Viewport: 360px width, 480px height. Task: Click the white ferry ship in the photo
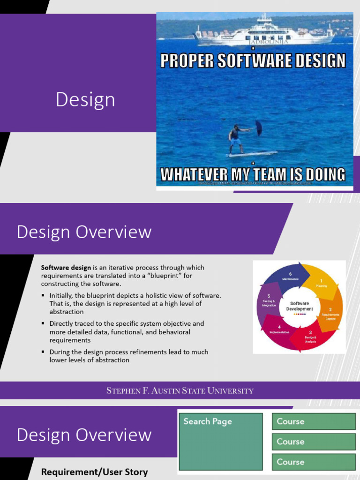pyautogui.click(x=265, y=33)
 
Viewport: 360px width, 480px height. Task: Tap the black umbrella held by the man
pyautogui.click(x=259, y=128)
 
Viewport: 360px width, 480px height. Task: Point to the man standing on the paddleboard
pyautogui.click(x=235, y=139)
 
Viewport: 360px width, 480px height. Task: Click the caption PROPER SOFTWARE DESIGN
pyautogui.click(x=253, y=61)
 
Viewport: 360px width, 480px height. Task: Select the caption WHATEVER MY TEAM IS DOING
pyautogui.click(x=253, y=174)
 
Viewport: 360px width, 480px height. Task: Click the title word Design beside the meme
pyautogui.click(x=85, y=100)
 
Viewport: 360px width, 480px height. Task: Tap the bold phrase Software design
pyautogui.click(x=66, y=268)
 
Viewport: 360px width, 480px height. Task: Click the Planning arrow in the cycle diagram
pyautogui.click(x=321, y=282)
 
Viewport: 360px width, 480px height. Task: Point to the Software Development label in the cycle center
pyautogui.click(x=300, y=306)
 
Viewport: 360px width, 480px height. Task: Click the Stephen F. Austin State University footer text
pyautogui.click(x=180, y=390)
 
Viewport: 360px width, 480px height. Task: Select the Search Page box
pyautogui.click(x=220, y=441)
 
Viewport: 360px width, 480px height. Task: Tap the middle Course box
pyautogui.click(x=314, y=442)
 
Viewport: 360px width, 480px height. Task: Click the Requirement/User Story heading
pyautogui.click(x=94, y=472)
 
